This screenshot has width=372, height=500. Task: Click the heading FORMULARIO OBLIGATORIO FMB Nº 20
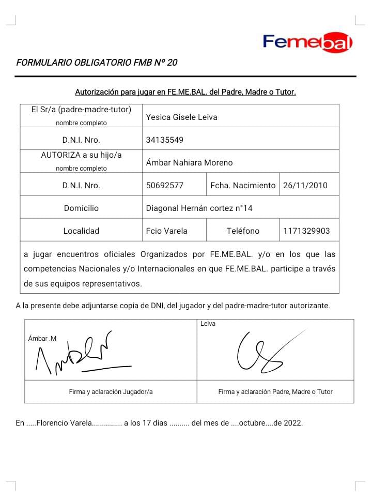(x=97, y=63)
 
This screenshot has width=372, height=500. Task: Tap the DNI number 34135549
(x=165, y=140)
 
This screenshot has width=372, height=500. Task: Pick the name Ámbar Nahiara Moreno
(x=190, y=162)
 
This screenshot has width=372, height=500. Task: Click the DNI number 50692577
(x=165, y=185)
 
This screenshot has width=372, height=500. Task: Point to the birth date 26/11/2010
(x=305, y=185)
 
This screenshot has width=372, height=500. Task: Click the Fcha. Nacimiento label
(x=243, y=185)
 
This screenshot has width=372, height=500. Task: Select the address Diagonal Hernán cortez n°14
(x=199, y=208)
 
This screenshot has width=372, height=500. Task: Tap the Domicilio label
(x=81, y=208)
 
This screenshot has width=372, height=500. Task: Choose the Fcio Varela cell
(x=167, y=231)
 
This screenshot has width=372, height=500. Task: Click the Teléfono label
(x=243, y=231)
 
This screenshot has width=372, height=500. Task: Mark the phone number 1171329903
(x=306, y=231)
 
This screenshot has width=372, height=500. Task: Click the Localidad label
(x=81, y=231)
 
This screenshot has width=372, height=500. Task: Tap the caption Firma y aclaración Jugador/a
(x=111, y=392)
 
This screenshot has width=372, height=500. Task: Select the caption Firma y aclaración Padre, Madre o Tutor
(x=275, y=392)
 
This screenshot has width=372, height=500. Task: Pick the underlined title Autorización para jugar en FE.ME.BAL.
(x=185, y=93)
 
